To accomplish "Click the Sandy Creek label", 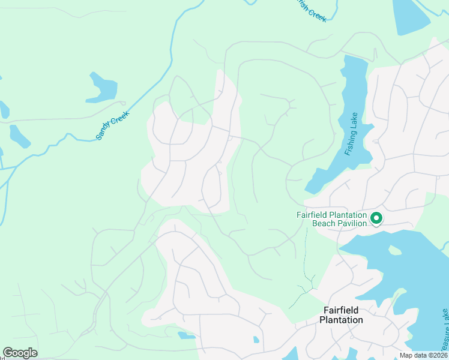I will (x=113, y=125).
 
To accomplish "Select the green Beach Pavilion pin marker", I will (x=376, y=218).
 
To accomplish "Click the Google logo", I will (x=20, y=353).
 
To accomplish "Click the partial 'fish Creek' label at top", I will (x=312, y=11).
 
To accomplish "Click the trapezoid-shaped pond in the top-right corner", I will (x=411, y=15).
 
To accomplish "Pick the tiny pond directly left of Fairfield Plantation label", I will (x=256, y=340).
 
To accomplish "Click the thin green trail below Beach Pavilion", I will (x=306, y=264).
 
